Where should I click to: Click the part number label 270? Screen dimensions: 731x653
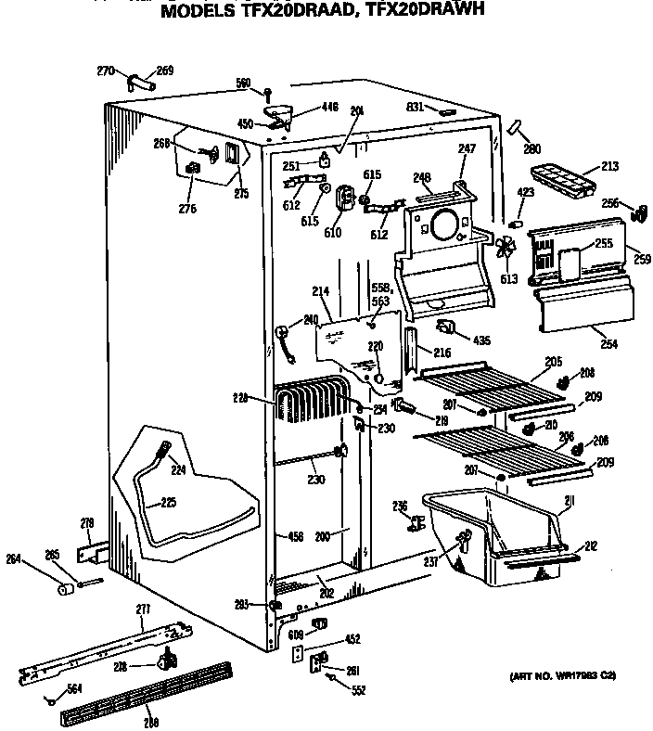tap(105, 70)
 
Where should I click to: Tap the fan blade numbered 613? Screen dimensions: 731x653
tap(506, 249)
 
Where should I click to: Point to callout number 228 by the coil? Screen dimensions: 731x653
tap(241, 398)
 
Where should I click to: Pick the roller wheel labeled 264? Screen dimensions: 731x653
tap(64, 588)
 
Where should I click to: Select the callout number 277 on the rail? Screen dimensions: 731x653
tap(142, 609)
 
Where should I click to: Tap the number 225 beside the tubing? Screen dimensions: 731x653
tap(167, 504)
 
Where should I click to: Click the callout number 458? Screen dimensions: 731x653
tap(296, 536)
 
